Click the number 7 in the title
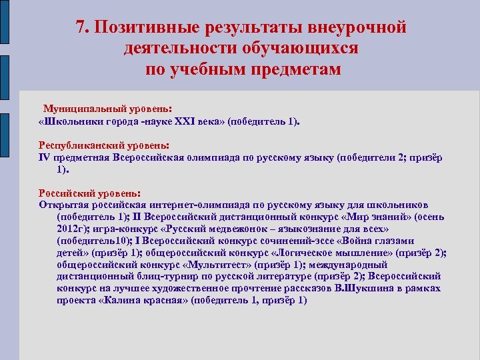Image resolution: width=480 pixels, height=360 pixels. pos(80,27)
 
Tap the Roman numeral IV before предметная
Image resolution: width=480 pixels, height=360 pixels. pos(45,157)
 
